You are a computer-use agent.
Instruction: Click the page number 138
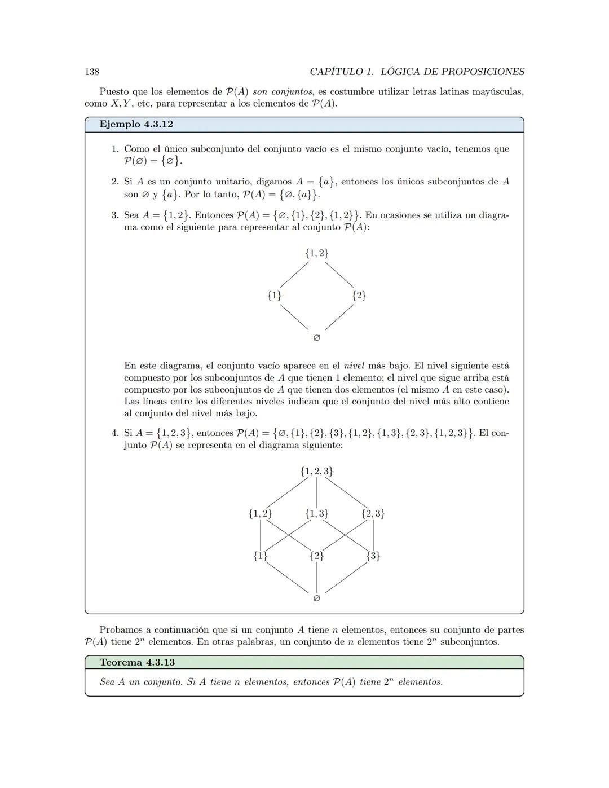pos(92,72)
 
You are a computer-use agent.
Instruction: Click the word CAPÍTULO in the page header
pos(336,72)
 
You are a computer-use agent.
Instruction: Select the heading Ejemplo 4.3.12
pos(136,124)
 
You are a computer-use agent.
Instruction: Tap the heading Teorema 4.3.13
pos(137,662)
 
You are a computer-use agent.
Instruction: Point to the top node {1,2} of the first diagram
pos(316,253)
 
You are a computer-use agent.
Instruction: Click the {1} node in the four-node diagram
pos(275,296)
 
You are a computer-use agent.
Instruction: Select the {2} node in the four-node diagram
pos(359,296)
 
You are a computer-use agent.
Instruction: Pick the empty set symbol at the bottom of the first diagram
pos(316,338)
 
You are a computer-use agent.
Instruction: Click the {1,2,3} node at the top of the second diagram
pos(316,471)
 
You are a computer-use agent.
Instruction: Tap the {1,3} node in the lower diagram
pos(316,513)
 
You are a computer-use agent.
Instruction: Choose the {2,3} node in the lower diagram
pos(373,513)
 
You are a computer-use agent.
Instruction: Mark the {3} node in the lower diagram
pos(373,556)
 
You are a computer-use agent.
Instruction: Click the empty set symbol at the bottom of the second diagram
pos(316,598)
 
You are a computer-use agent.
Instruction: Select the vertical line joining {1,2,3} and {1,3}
pos(316,492)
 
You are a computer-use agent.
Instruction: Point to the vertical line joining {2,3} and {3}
pos(373,535)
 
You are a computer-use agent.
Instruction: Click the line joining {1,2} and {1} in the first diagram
pos(294,275)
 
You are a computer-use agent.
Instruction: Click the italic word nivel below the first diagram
pos(354,366)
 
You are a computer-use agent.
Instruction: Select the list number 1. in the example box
pos(115,149)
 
